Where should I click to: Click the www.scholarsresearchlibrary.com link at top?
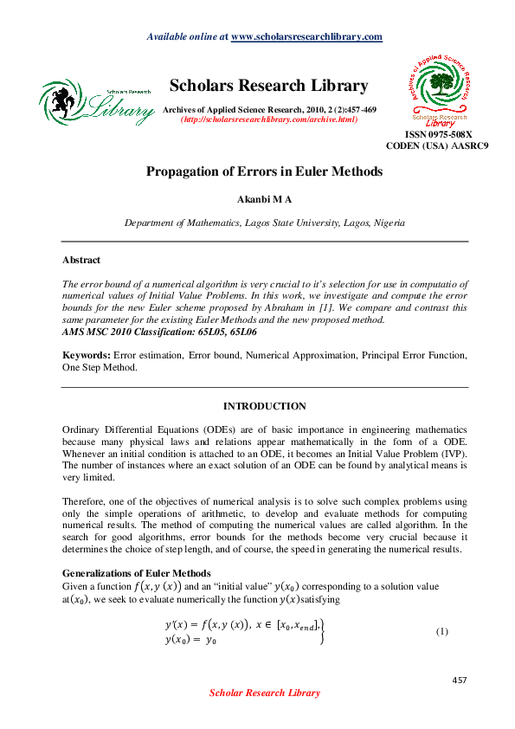coord(307,36)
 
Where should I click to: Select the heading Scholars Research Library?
coord(268,86)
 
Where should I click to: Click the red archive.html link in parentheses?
coord(268,119)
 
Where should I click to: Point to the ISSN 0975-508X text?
coord(439,134)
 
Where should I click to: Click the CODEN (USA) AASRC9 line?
coord(437,146)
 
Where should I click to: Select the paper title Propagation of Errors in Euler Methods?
coord(264,171)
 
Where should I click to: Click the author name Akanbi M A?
coord(264,199)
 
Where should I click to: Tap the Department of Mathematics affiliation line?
coord(264,223)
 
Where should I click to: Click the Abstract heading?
coord(81,260)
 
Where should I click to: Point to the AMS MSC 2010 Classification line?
coord(159,332)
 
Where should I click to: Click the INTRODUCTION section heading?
coord(264,406)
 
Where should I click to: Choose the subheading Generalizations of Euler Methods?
coord(136,573)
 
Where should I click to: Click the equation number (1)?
coord(441,631)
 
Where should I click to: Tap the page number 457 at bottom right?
coord(460,681)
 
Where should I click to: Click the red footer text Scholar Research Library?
coord(265,693)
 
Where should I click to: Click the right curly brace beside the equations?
coord(323,632)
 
